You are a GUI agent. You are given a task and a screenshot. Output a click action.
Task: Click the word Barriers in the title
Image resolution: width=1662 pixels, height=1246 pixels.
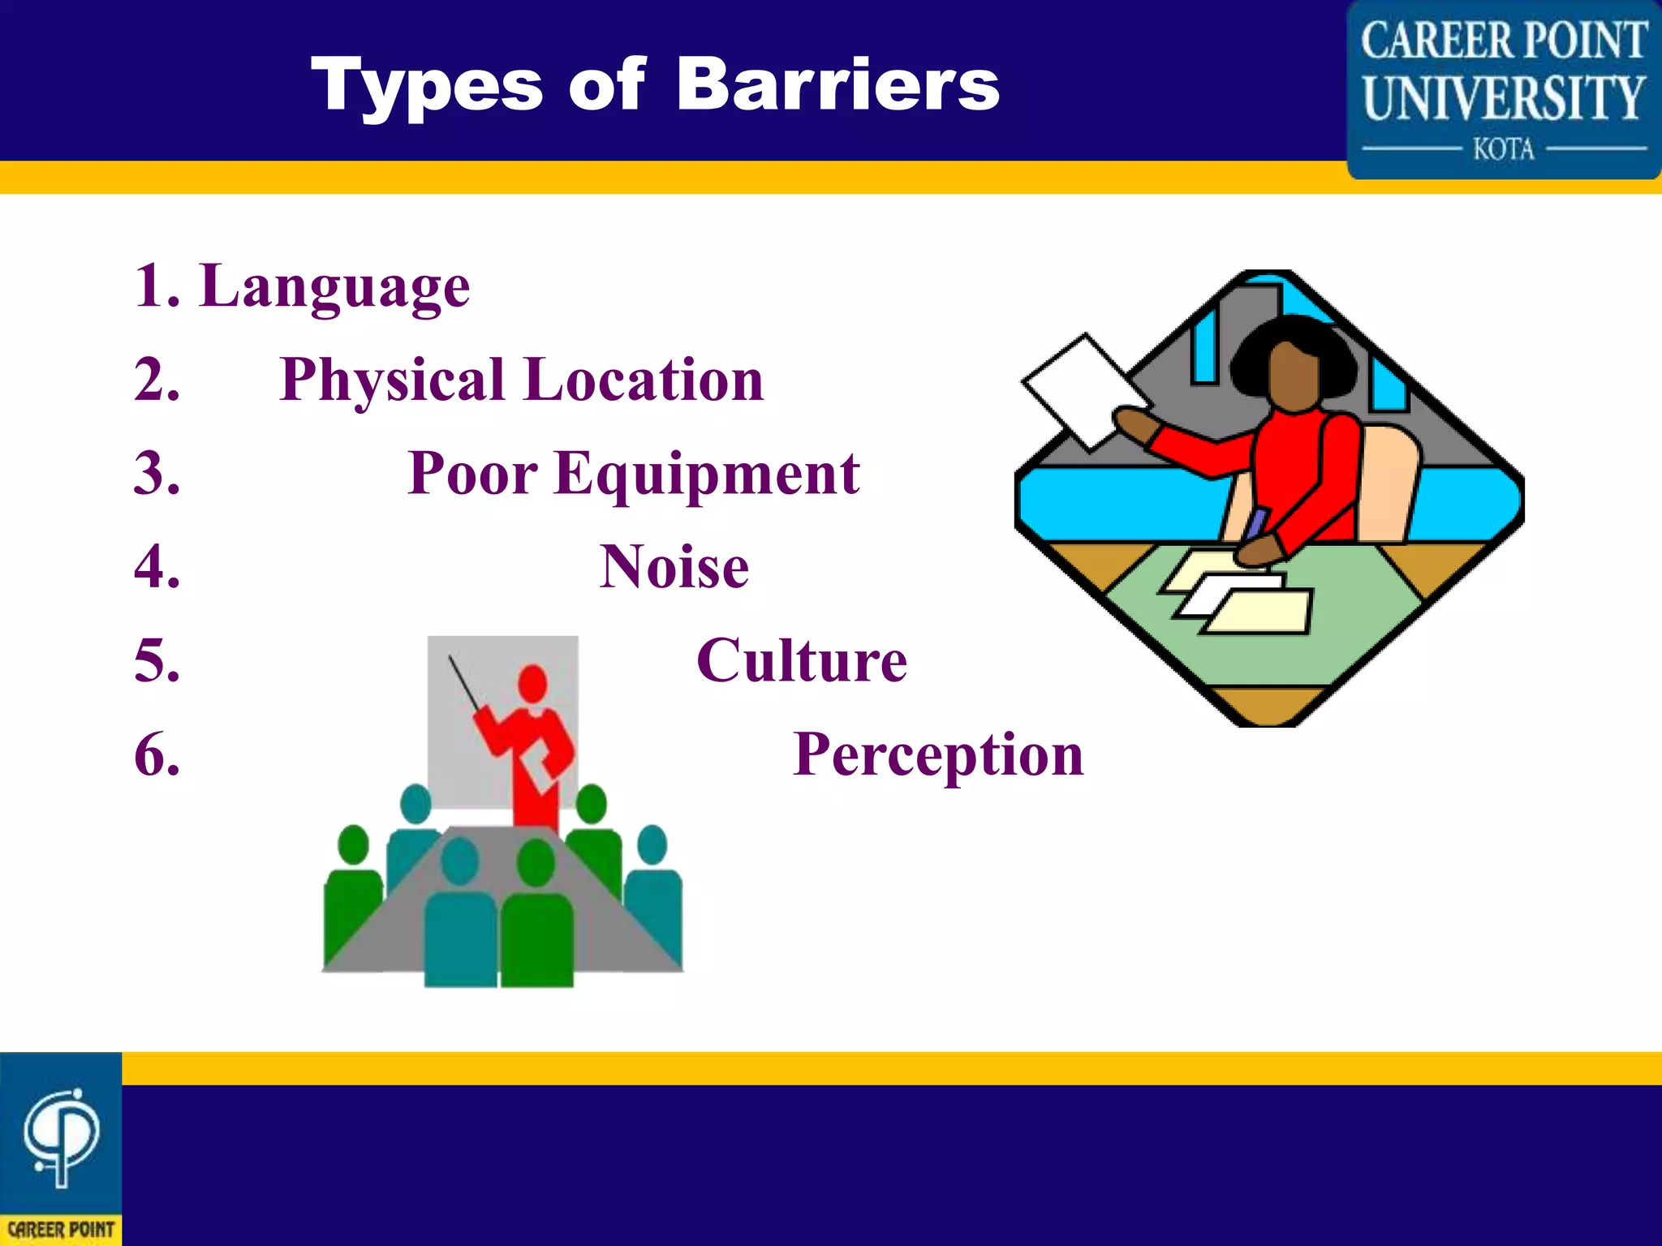point(837,85)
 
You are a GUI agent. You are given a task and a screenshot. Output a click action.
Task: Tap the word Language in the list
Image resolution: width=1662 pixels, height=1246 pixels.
point(334,288)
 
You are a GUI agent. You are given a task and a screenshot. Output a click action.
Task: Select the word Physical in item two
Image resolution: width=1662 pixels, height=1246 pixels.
point(394,381)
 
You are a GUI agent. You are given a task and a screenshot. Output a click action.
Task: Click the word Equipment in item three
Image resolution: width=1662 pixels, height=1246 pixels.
point(707,475)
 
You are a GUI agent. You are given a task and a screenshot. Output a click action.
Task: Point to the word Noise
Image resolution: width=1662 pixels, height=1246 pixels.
point(674,567)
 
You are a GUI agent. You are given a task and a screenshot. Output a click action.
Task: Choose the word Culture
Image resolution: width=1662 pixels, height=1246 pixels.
point(801,660)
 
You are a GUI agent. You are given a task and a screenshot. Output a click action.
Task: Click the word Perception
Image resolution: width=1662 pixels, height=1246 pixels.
point(937,754)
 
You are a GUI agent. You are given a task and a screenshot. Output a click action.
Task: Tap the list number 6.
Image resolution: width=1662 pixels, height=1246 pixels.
point(157,754)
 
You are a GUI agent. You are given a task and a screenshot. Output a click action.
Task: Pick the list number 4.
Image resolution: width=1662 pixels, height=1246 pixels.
point(157,567)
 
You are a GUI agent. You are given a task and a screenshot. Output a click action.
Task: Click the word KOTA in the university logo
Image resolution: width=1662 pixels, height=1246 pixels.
point(1504,149)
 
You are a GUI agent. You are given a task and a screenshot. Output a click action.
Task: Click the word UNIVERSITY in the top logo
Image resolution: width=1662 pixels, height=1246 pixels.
point(1504,98)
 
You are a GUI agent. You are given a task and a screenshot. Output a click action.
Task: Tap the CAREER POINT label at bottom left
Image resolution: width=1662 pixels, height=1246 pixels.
point(61,1229)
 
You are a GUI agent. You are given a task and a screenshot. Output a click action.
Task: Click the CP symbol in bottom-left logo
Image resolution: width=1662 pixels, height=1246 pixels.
point(61,1136)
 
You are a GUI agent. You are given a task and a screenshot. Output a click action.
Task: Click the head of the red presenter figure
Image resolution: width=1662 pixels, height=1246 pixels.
point(532,683)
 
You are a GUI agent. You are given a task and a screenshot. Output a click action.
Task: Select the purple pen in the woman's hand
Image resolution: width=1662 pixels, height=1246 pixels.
point(1255,524)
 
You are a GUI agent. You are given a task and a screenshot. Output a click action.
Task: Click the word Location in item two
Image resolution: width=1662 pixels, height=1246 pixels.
point(643,381)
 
